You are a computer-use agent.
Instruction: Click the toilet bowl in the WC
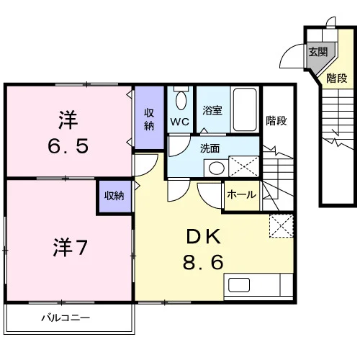click(181, 101)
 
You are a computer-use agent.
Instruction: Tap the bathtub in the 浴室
click(245, 109)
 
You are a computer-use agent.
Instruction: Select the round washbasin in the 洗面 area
click(217, 168)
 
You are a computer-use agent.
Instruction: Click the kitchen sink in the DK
click(239, 285)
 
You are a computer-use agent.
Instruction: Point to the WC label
click(180, 122)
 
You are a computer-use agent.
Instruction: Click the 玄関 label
click(318, 52)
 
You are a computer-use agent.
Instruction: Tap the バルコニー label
click(66, 318)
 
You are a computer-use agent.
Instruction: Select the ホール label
click(241, 194)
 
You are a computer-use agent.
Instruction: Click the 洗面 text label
click(210, 148)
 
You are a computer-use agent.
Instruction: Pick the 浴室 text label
click(212, 110)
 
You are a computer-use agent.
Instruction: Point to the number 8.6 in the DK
click(203, 262)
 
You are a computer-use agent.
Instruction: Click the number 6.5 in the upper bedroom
click(68, 146)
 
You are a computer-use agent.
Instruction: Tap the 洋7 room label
click(70, 247)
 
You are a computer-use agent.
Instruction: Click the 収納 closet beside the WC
click(149, 117)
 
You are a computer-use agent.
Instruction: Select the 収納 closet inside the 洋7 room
click(114, 197)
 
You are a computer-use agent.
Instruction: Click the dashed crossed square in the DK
click(282, 225)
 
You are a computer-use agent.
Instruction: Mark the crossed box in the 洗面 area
click(244, 166)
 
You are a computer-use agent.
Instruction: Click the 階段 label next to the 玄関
click(336, 78)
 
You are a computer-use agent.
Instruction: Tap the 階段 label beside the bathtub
click(276, 121)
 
